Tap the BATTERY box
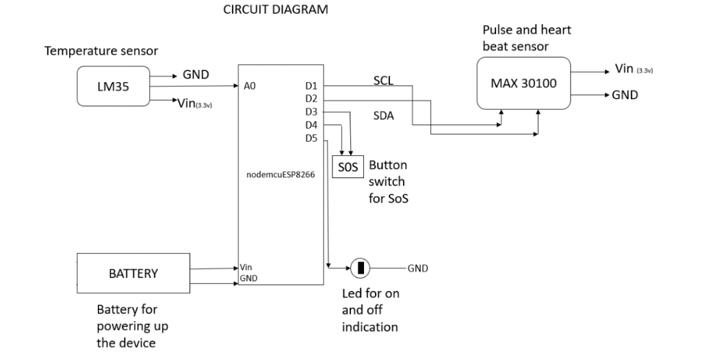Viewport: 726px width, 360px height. coord(133,273)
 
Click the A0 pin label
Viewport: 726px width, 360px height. coord(249,87)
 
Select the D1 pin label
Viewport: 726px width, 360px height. coord(312,86)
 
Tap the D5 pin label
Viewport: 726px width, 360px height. coord(312,138)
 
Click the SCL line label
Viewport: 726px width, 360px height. coord(384,80)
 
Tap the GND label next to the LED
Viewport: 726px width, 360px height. coord(417,268)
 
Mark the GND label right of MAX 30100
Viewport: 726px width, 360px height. coord(625,95)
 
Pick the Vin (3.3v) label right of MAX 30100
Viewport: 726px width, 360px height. coord(633,68)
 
